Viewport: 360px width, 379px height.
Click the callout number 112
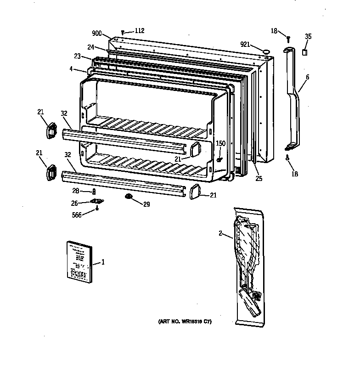(139, 31)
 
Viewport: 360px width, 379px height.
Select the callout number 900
(97, 34)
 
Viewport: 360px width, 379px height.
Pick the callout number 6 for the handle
(307, 77)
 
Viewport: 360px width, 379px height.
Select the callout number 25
(259, 178)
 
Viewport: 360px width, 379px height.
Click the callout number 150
(221, 143)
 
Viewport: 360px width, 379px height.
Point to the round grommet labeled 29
(128, 198)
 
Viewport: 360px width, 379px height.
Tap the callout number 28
(77, 191)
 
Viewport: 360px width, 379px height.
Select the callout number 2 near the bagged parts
(221, 234)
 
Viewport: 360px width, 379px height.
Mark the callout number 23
(77, 57)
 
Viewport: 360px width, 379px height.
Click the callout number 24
(91, 47)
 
